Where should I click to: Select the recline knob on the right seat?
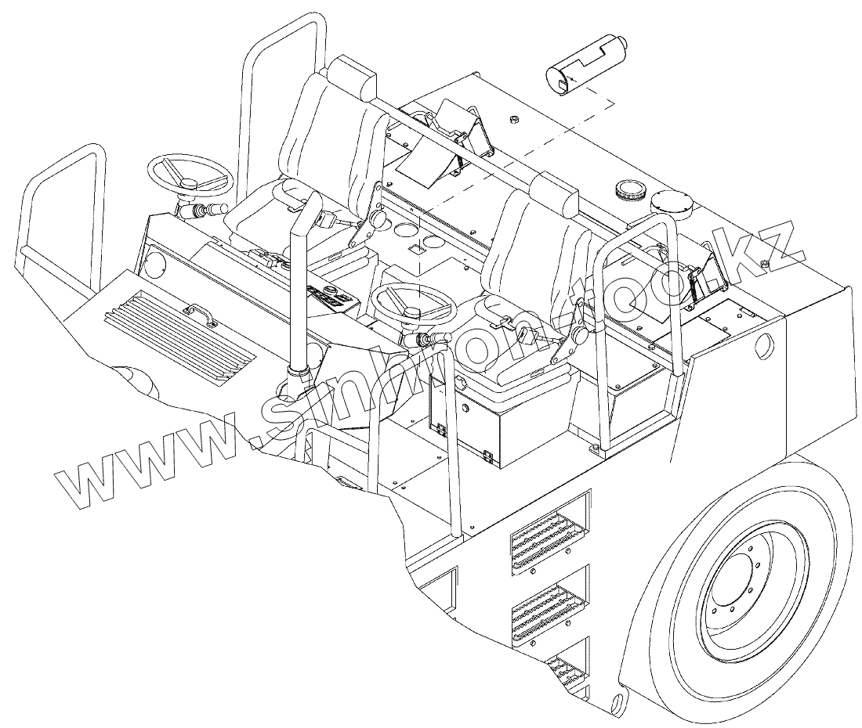[580, 334]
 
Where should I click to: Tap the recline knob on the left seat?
[378, 219]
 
